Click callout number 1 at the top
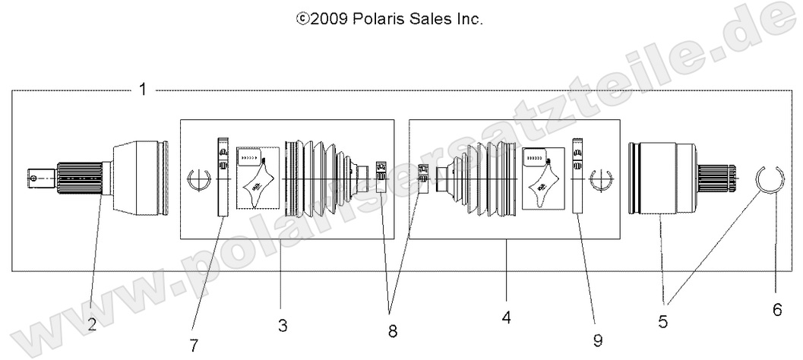coord(142,90)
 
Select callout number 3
coord(282,327)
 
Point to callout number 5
coord(663,322)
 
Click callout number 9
coord(598,341)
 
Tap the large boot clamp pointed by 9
coord(577,177)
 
